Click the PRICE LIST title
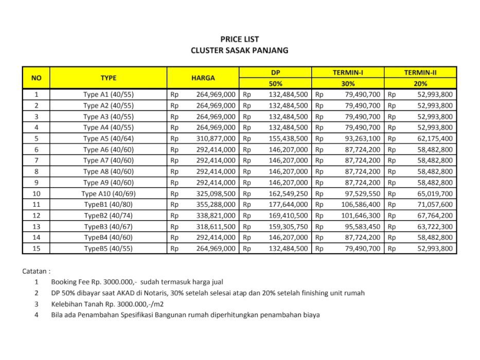tap(239, 39)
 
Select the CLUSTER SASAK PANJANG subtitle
tap(239, 50)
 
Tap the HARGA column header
tap(203, 78)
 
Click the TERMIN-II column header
tap(420, 73)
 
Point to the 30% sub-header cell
tap(348, 83)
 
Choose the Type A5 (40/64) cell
tap(108, 138)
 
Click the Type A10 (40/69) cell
tap(108, 194)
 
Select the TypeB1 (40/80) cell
tap(108, 205)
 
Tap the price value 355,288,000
tap(216, 205)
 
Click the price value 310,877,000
tap(216, 138)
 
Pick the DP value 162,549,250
tap(288, 194)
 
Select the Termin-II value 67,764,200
tap(435, 215)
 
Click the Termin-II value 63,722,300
tap(435, 226)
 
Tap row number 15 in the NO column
tap(36, 248)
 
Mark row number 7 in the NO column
tap(36, 160)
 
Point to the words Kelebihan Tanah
tap(75, 304)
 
